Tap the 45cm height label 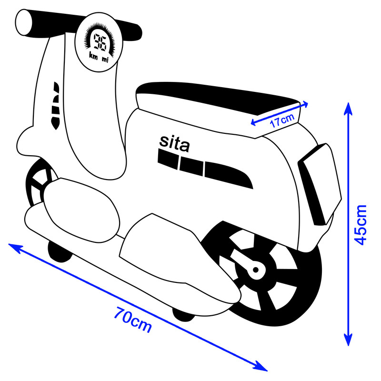pyautogui.click(x=360, y=225)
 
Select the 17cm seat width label pyautogui.click(x=282, y=120)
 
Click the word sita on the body pyautogui.click(x=174, y=143)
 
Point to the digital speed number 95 pyautogui.click(x=100, y=42)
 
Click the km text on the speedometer pyautogui.click(x=93, y=56)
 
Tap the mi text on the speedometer pyautogui.click(x=105, y=59)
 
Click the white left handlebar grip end pyautogui.click(x=23, y=22)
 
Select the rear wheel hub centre pyautogui.click(x=256, y=270)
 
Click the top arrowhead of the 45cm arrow pyautogui.click(x=348, y=108)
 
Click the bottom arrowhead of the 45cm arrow pyautogui.click(x=348, y=340)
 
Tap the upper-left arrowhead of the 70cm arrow pyautogui.click(x=15, y=248)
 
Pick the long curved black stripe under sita pyautogui.click(x=229, y=175)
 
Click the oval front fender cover pyautogui.click(x=81, y=210)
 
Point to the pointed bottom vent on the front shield pyautogui.click(x=55, y=123)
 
